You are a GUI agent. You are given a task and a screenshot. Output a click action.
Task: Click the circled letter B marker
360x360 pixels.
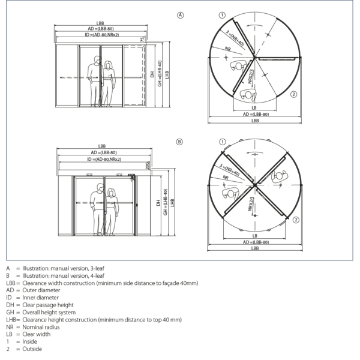pos(179,142)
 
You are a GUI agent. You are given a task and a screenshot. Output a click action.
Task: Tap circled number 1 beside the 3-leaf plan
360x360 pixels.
pos(221,14)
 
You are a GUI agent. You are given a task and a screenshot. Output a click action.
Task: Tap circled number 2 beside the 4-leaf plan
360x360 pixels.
pos(296,221)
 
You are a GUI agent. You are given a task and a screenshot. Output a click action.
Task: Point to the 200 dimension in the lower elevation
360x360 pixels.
pos(146,165)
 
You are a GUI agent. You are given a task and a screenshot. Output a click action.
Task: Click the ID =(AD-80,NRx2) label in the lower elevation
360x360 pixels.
pos(104,160)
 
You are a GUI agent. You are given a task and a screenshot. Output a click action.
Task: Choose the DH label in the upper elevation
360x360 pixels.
pos(152,76)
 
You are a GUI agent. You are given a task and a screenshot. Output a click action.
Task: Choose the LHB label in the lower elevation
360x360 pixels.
pos(172,204)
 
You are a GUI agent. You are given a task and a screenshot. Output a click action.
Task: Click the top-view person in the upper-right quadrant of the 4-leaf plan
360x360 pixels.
pos(278,176)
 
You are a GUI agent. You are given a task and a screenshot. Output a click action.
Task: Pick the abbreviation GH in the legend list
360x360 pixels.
pos(9,312)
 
